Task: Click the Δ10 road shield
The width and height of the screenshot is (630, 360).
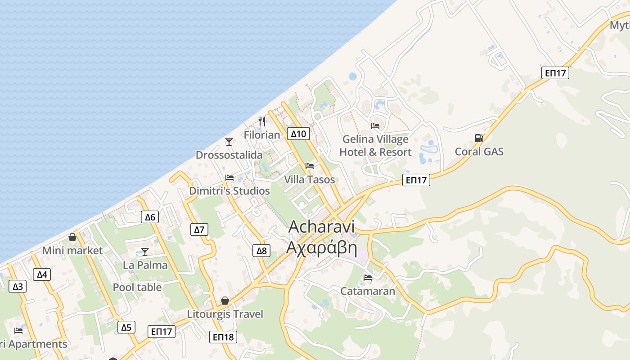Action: pyautogui.click(x=298, y=134)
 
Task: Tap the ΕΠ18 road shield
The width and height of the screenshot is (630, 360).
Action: pyautogui.click(x=223, y=337)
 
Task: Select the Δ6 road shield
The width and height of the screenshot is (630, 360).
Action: pyautogui.click(x=150, y=217)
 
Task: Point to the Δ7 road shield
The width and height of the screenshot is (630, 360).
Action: pyautogui.click(x=199, y=229)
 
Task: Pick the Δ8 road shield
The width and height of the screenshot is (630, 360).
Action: pyautogui.click(x=261, y=251)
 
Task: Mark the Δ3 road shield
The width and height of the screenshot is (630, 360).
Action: pyautogui.click(x=18, y=286)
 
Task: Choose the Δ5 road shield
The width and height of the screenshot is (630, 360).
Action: pyautogui.click(x=126, y=327)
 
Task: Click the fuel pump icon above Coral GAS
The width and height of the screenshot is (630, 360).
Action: pyautogui.click(x=479, y=138)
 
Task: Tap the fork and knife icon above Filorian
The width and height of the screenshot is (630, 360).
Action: pyautogui.click(x=262, y=121)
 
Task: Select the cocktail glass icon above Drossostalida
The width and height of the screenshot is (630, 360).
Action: pyautogui.click(x=229, y=142)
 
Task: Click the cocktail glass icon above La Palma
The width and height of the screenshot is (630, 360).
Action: pyautogui.click(x=145, y=252)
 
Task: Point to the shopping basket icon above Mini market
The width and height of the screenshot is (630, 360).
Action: pyautogui.click(x=72, y=237)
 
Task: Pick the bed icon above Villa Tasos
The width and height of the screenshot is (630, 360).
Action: pyautogui.click(x=310, y=166)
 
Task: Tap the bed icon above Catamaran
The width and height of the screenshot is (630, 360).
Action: pyautogui.click(x=368, y=278)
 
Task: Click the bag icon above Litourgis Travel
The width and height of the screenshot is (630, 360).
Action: pyautogui.click(x=225, y=301)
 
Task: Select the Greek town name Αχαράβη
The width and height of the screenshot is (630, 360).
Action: pyautogui.click(x=322, y=247)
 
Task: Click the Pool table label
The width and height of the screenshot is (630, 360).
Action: pyautogui.click(x=137, y=287)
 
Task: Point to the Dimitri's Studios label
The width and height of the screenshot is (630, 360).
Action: pyautogui.click(x=229, y=191)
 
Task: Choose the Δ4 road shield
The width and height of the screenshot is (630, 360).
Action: pyautogui.click(x=42, y=274)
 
